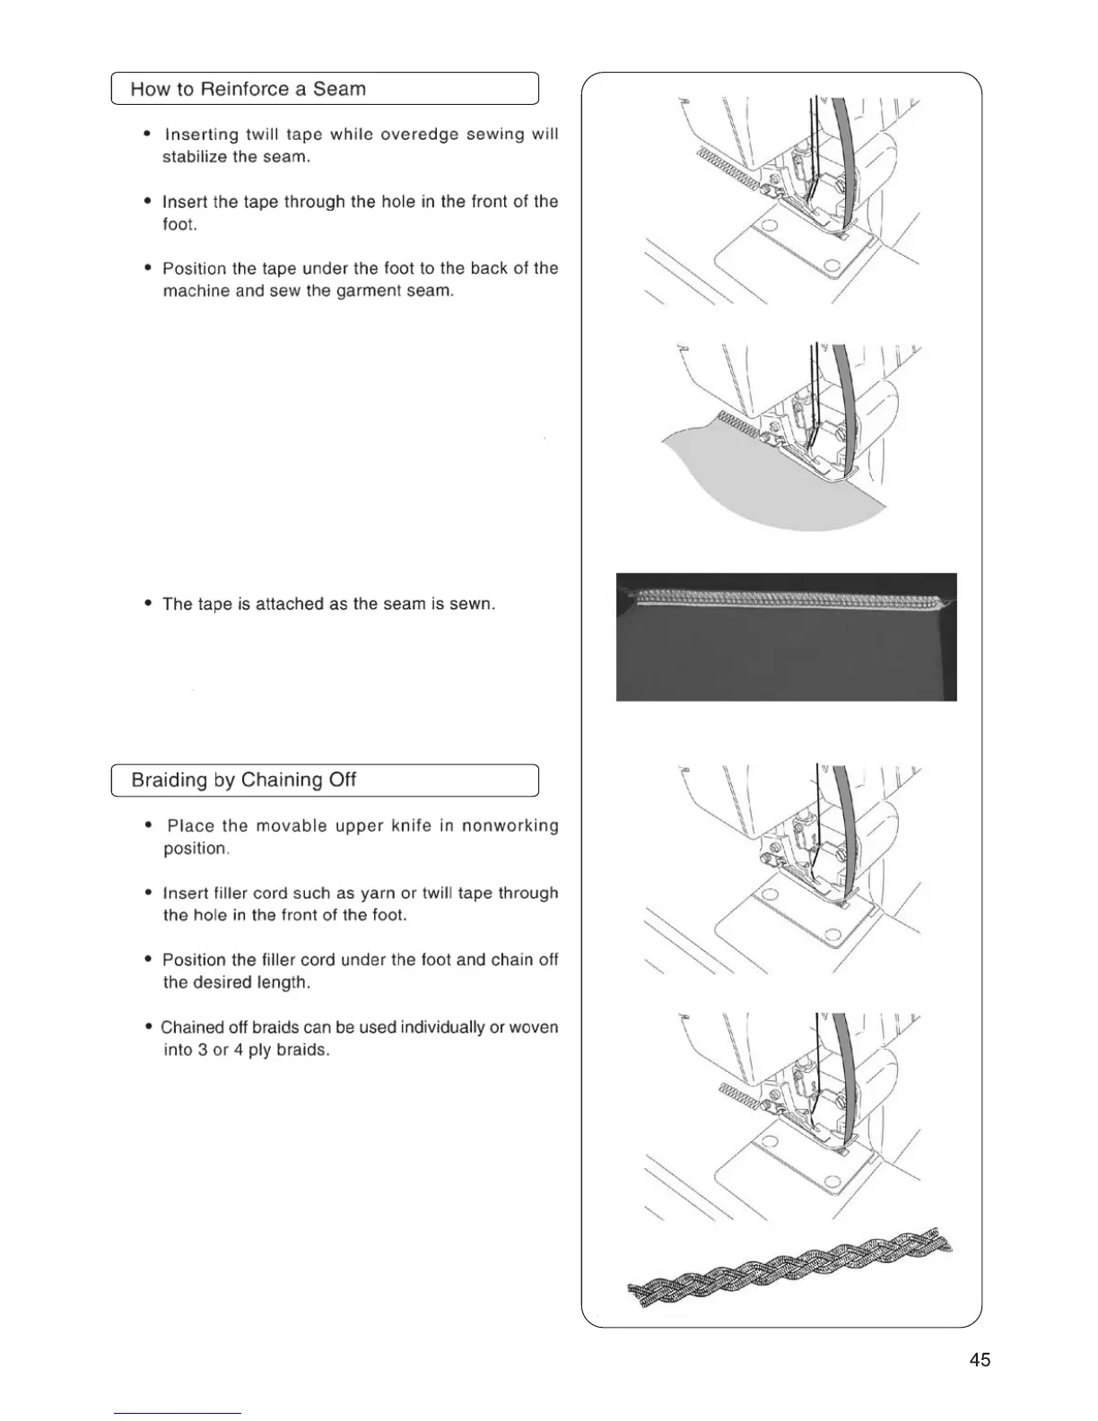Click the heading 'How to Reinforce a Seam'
coord(248,89)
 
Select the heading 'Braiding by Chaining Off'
coord(243,780)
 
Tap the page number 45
coord(980,1360)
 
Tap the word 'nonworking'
coord(510,825)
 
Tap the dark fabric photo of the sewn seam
coord(786,655)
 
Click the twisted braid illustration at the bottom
coord(789,1265)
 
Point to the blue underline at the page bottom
coord(178,1413)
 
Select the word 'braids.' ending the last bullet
coord(301,1050)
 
